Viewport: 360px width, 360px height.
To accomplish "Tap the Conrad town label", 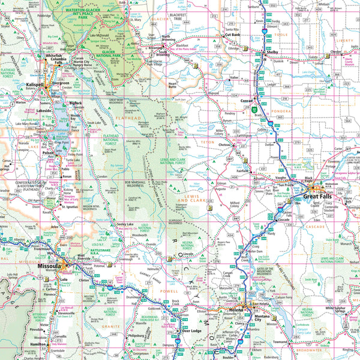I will tap(247, 100).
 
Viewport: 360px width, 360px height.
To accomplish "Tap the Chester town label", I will tap(337, 52).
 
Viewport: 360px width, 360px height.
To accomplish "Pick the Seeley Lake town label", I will tap(125, 224).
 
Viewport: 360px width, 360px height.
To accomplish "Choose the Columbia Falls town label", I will tap(58, 61).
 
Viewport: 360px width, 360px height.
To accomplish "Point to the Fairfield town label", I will tap(242, 170).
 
